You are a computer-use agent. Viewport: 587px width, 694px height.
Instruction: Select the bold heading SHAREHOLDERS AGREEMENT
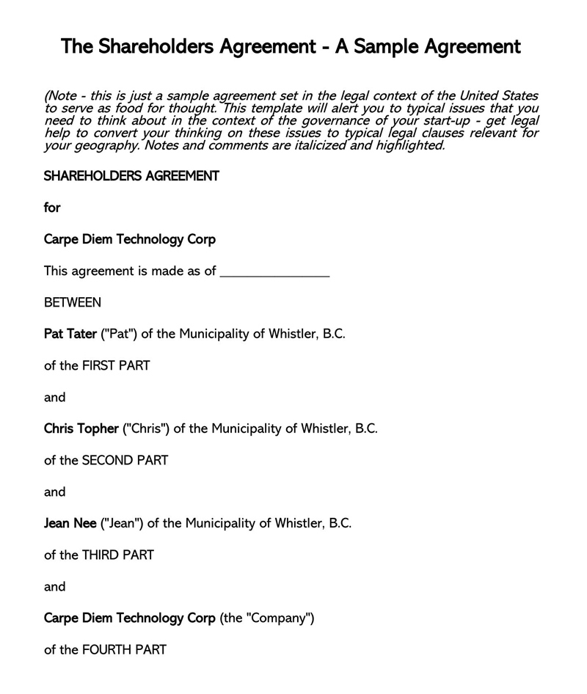pos(131,176)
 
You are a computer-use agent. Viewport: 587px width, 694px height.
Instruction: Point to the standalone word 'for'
pos(52,208)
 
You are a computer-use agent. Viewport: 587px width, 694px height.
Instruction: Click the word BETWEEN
pos(73,302)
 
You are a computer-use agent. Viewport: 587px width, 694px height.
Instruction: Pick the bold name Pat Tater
pos(70,334)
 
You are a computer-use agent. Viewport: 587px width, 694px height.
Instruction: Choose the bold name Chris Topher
pos(81,428)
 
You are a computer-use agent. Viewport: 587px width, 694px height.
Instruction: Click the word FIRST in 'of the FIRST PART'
pos(98,365)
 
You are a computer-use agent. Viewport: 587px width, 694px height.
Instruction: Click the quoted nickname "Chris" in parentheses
pos(146,428)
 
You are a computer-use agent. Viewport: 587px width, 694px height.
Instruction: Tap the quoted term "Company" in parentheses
pos(281,618)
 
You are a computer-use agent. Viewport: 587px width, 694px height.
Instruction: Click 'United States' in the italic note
pos(499,96)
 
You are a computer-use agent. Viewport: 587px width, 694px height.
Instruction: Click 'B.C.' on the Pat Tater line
pos(333,334)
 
